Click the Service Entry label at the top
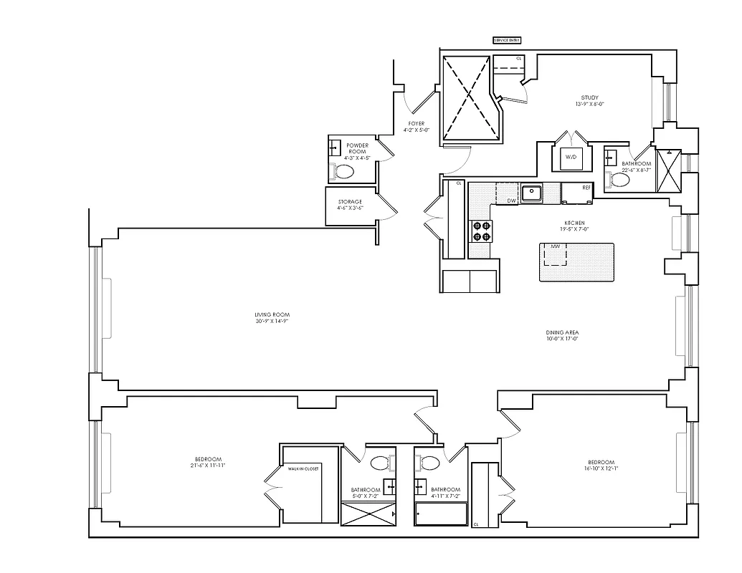[x=507, y=41]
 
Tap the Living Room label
[x=272, y=315]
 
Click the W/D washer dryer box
[x=571, y=157]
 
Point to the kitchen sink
[x=531, y=192]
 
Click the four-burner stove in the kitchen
[x=480, y=231]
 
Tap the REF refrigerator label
[x=586, y=188]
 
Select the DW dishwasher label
[x=511, y=201]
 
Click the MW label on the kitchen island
[x=554, y=247]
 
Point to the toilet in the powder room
[x=343, y=172]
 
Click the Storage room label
[x=350, y=202]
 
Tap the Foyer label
[x=417, y=124]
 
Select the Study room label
[x=589, y=98]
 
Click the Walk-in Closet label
[x=303, y=468]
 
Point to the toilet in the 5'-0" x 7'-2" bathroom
[x=380, y=462]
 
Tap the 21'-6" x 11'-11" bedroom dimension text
[x=207, y=466]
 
